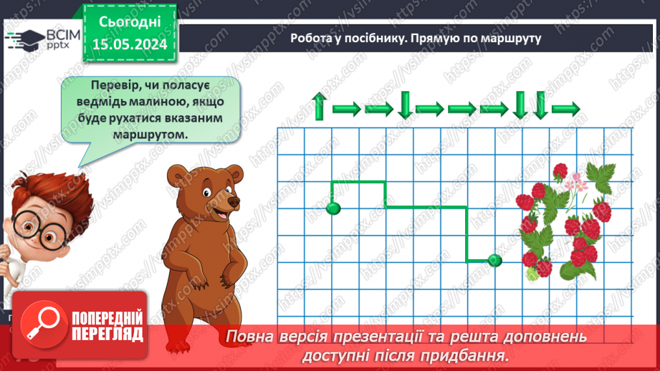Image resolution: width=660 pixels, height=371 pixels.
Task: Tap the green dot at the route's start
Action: point(333,208)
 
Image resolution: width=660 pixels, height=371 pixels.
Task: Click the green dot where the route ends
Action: point(494,261)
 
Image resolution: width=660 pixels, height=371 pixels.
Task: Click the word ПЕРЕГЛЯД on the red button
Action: point(107,334)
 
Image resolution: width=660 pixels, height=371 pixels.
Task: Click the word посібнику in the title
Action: point(372,39)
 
